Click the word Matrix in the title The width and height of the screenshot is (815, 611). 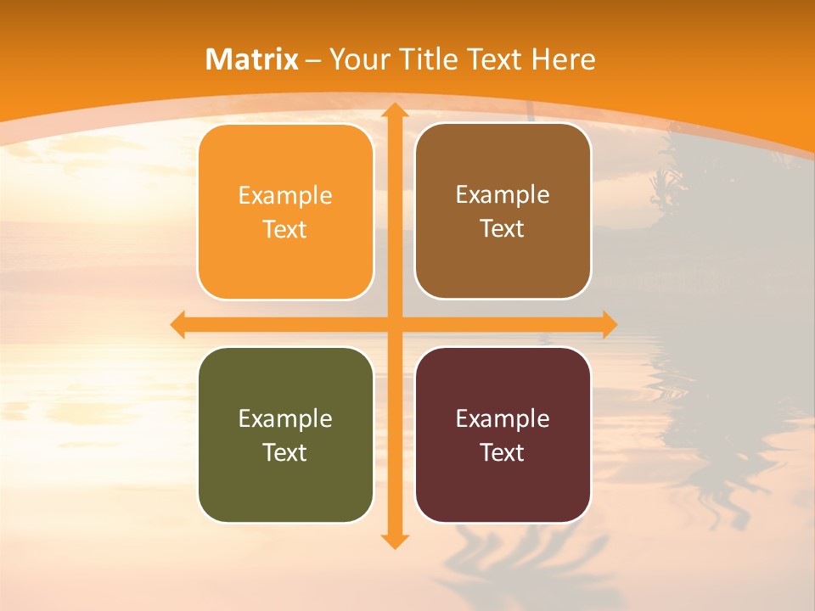point(252,59)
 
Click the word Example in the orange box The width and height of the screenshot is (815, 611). point(285,196)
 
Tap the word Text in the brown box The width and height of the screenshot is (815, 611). point(503,229)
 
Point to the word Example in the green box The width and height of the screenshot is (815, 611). point(285,419)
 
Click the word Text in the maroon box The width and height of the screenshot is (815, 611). point(503,453)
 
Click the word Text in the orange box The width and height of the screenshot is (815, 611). point(285,230)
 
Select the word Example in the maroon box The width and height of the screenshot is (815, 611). point(503,419)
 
